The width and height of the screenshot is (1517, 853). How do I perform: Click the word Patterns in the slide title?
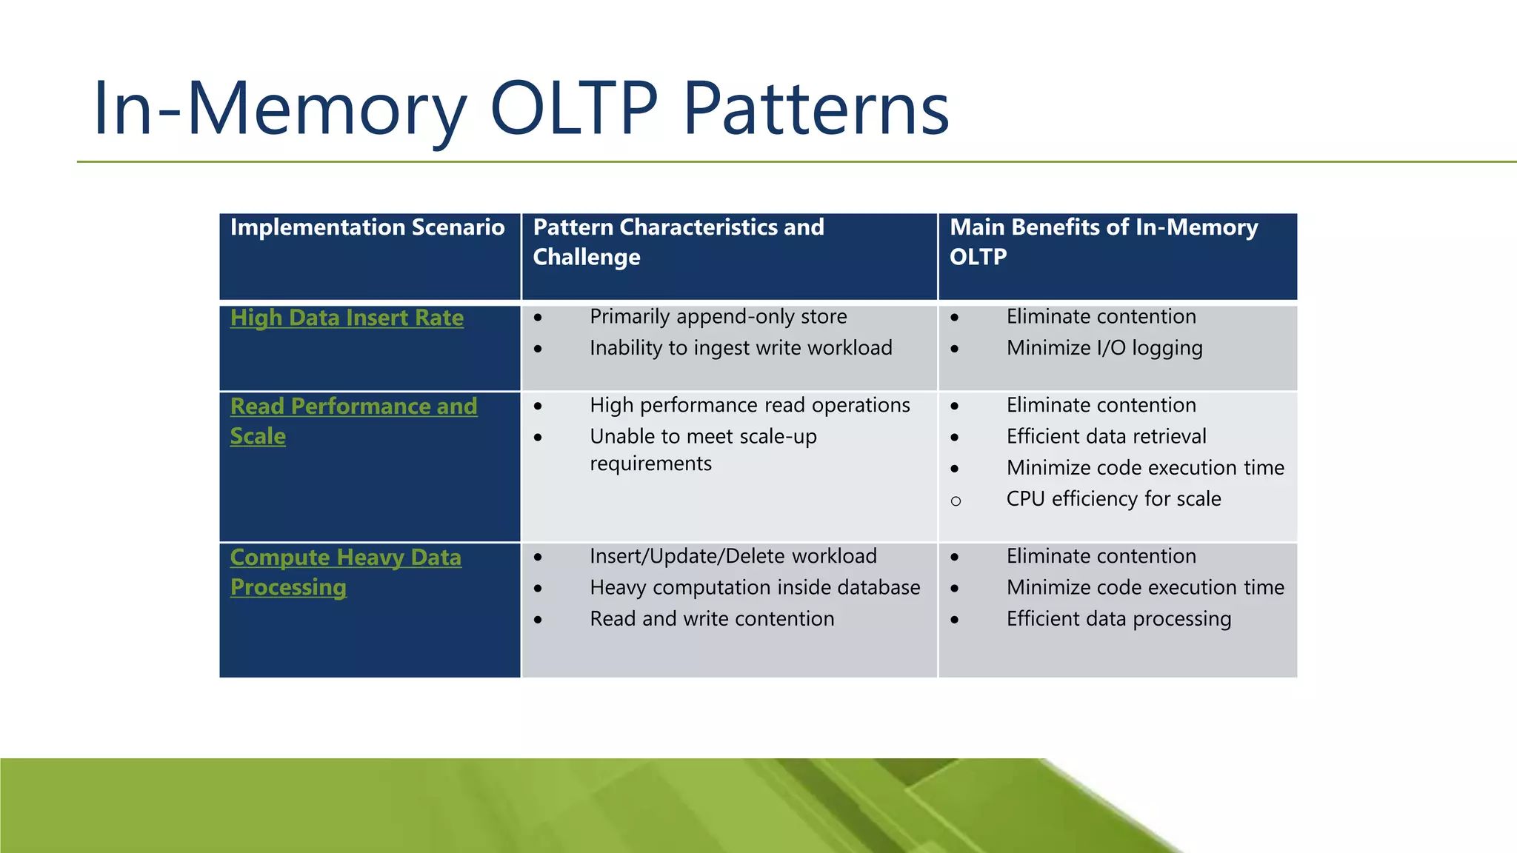click(x=816, y=109)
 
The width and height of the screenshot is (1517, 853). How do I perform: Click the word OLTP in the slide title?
click(x=574, y=109)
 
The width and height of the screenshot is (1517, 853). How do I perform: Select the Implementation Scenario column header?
click(x=367, y=227)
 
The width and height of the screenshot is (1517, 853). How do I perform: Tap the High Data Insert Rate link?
click(x=347, y=318)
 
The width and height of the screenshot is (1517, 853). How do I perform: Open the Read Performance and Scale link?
click(x=353, y=407)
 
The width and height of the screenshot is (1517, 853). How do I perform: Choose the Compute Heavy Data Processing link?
click(x=345, y=558)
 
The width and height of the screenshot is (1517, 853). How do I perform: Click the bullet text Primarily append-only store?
click(x=718, y=317)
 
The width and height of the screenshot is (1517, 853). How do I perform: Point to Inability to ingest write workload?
click(x=741, y=348)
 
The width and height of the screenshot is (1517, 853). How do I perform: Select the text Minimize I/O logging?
click(x=1104, y=348)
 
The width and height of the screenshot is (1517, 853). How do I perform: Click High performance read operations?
click(x=750, y=406)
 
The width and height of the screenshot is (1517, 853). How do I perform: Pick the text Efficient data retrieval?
click(x=1106, y=437)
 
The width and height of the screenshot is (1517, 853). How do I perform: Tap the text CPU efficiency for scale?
click(x=1113, y=499)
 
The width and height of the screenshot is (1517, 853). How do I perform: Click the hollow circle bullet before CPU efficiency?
click(x=956, y=501)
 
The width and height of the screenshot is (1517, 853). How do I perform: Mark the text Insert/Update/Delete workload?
click(x=733, y=557)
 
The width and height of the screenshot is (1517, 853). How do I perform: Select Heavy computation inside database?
click(x=755, y=588)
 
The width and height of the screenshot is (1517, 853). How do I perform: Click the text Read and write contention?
click(x=712, y=619)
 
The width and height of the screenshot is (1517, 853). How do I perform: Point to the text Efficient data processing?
click(x=1118, y=619)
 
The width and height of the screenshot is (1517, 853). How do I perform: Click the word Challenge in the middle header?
click(x=587, y=258)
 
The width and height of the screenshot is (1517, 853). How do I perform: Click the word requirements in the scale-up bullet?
click(x=650, y=464)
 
